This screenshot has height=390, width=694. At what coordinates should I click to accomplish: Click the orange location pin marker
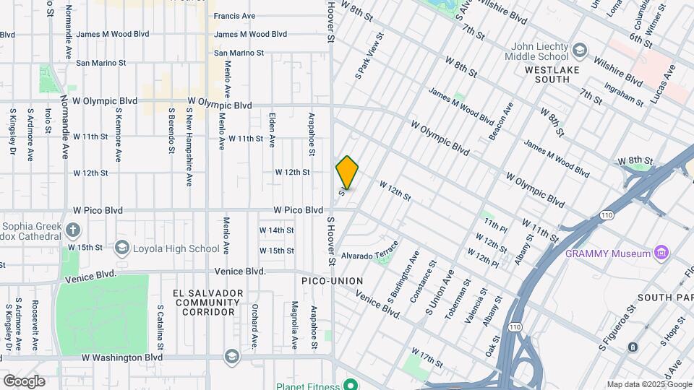pos(347,173)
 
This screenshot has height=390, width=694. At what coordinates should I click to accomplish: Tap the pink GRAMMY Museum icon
pos(659,253)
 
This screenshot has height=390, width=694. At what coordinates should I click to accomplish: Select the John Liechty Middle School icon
pos(579,51)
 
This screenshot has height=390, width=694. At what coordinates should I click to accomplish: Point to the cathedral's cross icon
pos(72,230)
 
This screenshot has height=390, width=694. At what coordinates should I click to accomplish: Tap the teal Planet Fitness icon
pos(350,384)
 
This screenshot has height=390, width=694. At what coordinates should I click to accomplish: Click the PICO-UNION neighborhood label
pos(333,280)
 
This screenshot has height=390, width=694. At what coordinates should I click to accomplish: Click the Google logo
pos(24,381)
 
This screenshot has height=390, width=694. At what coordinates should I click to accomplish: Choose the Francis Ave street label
pos(235,16)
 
